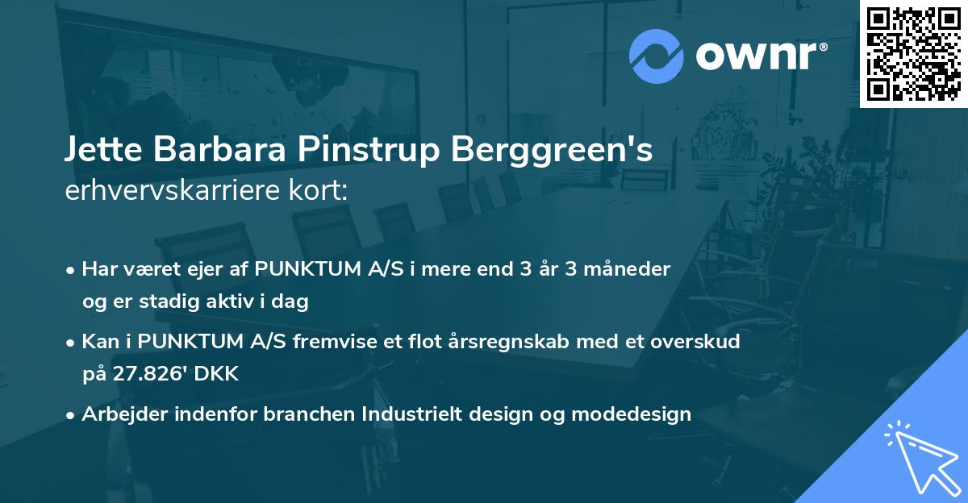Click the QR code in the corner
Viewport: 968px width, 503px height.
click(914, 53)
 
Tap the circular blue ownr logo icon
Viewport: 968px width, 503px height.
click(657, 56)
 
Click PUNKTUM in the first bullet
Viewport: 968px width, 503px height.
click(306, 269)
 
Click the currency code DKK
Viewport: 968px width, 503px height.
click(219, 375)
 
